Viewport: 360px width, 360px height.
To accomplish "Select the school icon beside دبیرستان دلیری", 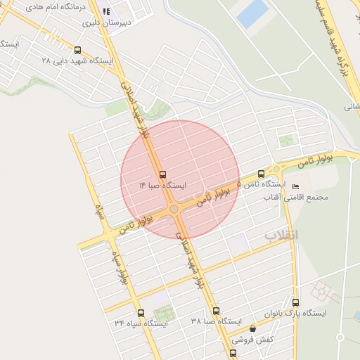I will [x=107, y=11].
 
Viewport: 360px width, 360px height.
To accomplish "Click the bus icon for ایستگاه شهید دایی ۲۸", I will [x=77, y=50].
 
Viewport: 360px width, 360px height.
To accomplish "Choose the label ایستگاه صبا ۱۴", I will [x=162, y=185].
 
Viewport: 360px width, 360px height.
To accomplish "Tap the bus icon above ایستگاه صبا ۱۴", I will [x=162, y=174].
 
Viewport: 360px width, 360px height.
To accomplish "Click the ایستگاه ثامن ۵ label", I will [x=261, y=184].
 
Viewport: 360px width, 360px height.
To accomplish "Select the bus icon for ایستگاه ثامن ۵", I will [x=262, y=173].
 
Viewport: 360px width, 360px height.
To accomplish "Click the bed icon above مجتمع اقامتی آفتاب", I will [x=295, y=186].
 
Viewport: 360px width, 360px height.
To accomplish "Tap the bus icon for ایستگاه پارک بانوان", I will [x=295, y=302].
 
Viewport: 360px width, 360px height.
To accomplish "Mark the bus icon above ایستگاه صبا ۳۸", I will [x=216, y=311].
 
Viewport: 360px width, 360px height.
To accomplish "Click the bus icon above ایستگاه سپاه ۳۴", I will [x=141, y=313].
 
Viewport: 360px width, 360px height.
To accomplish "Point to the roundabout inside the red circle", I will [x=174, y=209].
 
